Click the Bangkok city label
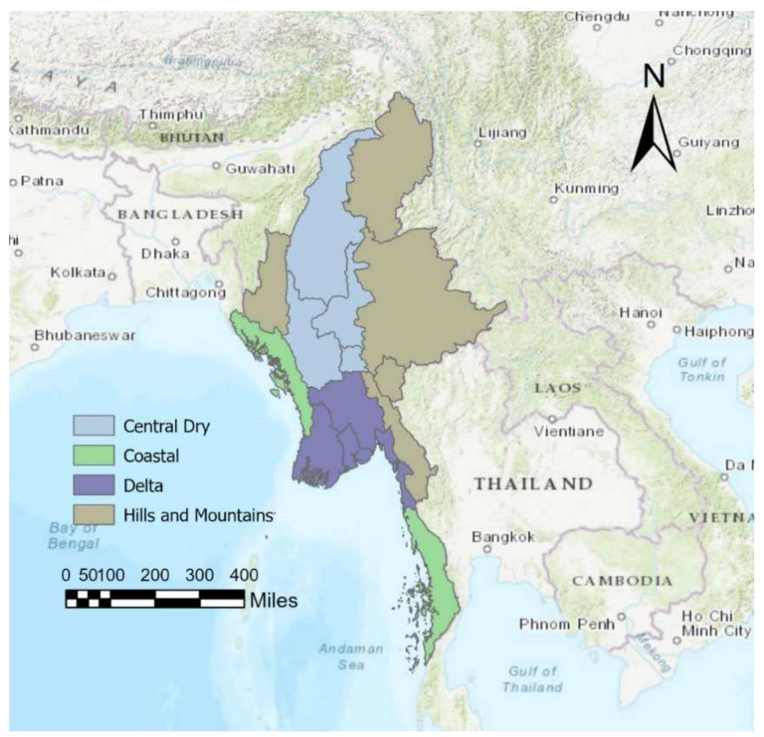(503, 537)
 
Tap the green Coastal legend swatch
(94, 455)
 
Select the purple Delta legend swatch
(94, 485)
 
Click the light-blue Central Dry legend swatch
(94, 425)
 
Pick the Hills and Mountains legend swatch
(94, 515)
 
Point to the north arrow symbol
(654, 135)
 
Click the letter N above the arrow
(654, 76)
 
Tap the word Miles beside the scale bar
(274, 600)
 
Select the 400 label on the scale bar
(244, 575)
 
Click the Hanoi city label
(640, 313)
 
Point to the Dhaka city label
(165, 254)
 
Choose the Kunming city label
(587, 189)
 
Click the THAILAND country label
(533, 484)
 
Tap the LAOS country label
(558, 388)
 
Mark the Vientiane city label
(569, 431)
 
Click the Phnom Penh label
(567, 624)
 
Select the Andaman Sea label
(351, 656)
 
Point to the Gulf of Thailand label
(532, 679)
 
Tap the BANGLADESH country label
(180, 214)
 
